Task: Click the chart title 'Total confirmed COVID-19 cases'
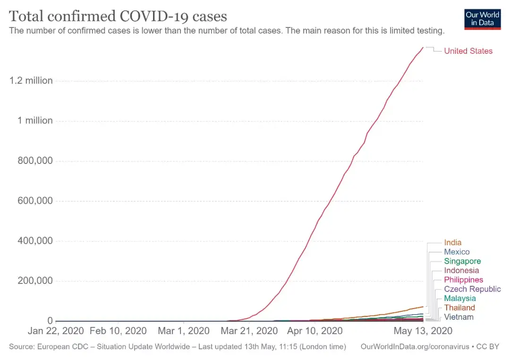[118, 16]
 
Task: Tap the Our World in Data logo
[482, 18]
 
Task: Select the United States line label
[468, 51]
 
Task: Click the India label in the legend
[452, 243]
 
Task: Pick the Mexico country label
[457, 252]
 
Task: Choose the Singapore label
[462, 261]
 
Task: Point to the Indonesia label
[461, 271]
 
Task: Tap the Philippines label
[463, 280]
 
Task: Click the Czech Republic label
[472, 289]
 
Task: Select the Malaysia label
[459, 299]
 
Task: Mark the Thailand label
[459, 308]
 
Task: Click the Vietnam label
[459, 317]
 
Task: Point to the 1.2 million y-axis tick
[31, 81]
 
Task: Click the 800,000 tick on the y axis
[33, 161]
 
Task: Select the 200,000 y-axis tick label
[33, 282]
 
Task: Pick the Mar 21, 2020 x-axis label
[249, 331]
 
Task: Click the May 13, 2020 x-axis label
[423, 331]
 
